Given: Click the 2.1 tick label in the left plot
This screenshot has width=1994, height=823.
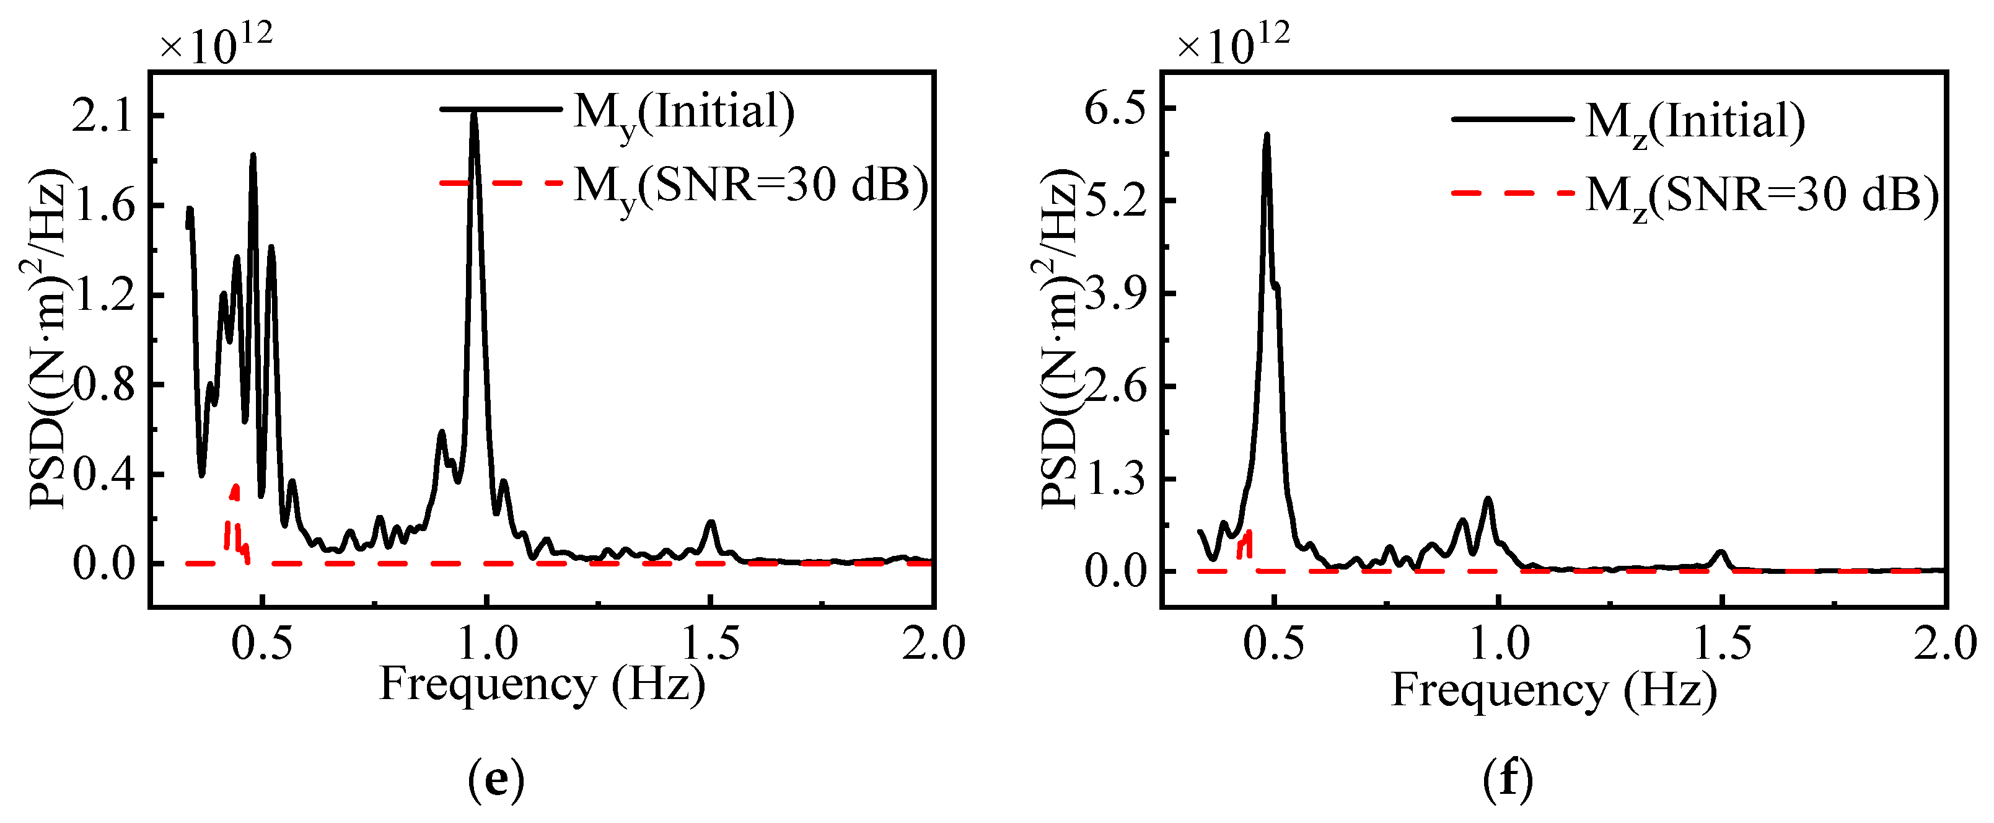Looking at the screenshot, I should pos(103,116).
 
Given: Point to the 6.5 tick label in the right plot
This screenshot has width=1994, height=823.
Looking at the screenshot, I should pos(1115,108).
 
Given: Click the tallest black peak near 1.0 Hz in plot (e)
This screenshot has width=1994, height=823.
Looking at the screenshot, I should pos(474,116).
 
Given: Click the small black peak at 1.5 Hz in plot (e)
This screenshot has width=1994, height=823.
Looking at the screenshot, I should pos(711,524).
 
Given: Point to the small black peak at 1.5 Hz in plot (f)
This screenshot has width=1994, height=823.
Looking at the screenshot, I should pos(1721,553).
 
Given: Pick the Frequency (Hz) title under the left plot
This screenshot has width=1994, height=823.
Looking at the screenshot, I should pos(542,684).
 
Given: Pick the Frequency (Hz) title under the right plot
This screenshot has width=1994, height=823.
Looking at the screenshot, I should pos(1553,690).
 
